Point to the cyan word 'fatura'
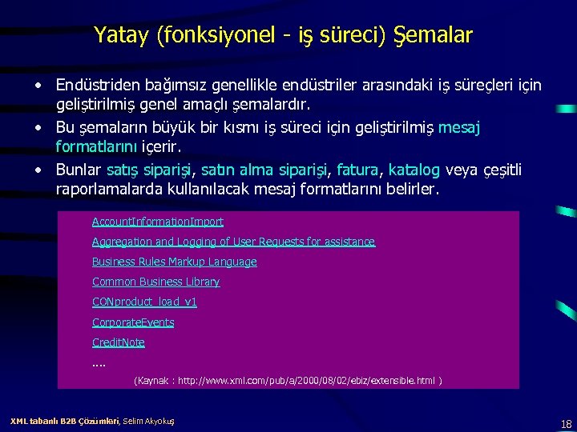tap(359, 170)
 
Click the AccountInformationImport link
tap(158, 222)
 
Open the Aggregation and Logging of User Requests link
tap(233, 242)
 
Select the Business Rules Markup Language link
tap(175, 262)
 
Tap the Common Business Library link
tap(155, 282)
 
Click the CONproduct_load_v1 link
tap(144, 302)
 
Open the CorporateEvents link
tap(133, 322)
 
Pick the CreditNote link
tap(119, 342)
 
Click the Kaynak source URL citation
tap(288, 381)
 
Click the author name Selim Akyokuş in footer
tap(149, 421)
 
